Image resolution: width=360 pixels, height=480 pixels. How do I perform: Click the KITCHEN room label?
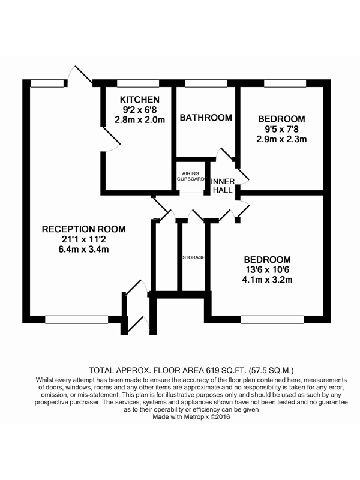pyautogui.click(x=140, y=100)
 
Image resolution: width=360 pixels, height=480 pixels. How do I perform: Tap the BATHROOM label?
pyautogui.click(x=206, y=118)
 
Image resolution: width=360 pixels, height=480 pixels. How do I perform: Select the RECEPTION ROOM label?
pyautogui.click(x=83, y=229)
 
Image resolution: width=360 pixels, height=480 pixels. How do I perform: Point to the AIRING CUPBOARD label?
pyautogui.click(x=191, y=176)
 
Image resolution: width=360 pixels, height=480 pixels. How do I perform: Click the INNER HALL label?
pyautogui.click(x=223, y=185)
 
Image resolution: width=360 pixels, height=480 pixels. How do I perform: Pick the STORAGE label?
pyautogui.click(x=193, y=257)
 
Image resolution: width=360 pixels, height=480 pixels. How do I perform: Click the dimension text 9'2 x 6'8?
pyautogui.click(x=140, y=110)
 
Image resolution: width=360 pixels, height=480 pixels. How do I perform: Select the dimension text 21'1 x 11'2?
pyautogui.click(x=83, y=239)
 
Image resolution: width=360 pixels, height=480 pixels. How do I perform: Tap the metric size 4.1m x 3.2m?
pyautogui.click(x=267, y=280)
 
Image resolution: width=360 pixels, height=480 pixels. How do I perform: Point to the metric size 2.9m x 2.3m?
pyautogui.click(x=281, y=139)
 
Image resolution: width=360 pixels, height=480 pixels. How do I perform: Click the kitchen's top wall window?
pyautogui.click(x=138, y=83)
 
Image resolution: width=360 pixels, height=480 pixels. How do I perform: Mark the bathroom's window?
pyautogui.click(x=206, y=83)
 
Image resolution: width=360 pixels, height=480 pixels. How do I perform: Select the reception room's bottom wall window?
pyautogui.click(x=77, y=320)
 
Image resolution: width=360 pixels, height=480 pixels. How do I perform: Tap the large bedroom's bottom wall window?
pyautogui.click(x=272, y=320)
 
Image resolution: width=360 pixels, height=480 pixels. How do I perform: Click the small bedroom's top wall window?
pyautogui.click(x=285, y=83)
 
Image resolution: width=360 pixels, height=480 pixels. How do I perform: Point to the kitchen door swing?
pyautogui.click(x=110, y=139)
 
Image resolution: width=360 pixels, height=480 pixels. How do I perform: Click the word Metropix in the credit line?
pyautogui.click(x=197, y=416)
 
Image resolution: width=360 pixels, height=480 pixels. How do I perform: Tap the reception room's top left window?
pyautogui.click(x=47, y=83)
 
